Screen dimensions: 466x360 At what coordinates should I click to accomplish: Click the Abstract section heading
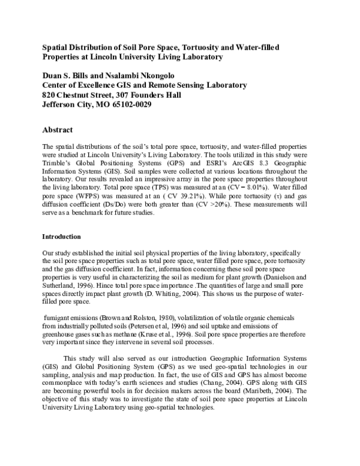coord(58,130)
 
